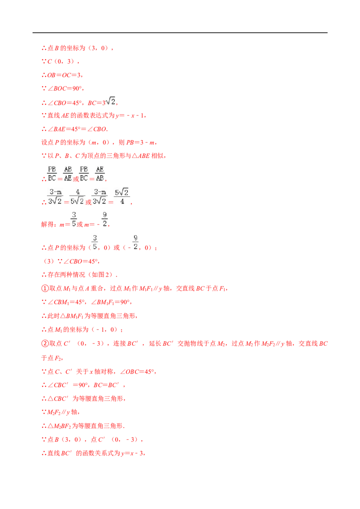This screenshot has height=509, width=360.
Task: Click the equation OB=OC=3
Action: [65, 75]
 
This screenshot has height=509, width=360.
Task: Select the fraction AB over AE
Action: [67, 174]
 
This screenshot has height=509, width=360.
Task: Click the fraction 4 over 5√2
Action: [77, 197]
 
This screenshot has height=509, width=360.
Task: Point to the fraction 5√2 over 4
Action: [122, 197]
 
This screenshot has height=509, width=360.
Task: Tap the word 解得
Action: [47, 224]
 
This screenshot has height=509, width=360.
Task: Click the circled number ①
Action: [45, 288]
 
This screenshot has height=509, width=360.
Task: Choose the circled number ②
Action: [45, 344]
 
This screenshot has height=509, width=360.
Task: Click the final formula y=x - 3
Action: [133, 453]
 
